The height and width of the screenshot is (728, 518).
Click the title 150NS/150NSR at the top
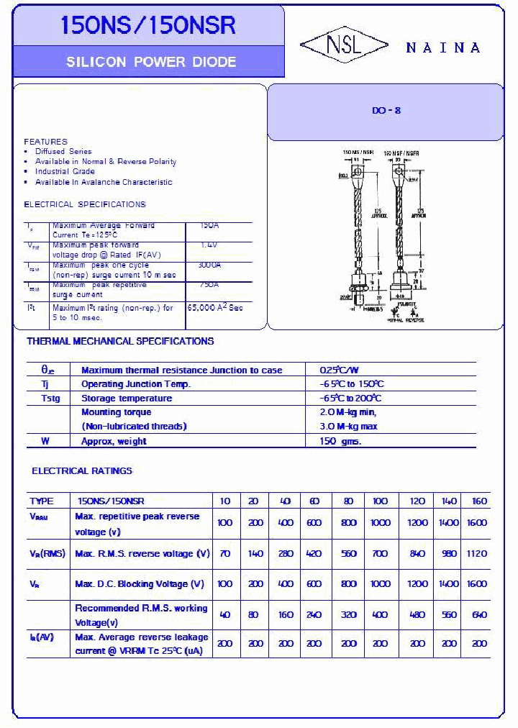tap(148, 26)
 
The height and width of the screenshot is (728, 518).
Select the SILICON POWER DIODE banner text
tap(151, 62)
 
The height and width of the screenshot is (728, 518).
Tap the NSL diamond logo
tap(344, 46)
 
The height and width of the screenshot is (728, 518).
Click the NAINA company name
tap(442, 47)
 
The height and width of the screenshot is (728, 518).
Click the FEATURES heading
tap(45, 142)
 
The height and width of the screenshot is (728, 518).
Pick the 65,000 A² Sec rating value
tap(215, 308)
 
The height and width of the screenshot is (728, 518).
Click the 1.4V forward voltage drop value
tap(209, 245)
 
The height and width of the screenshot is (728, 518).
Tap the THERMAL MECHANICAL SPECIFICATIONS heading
tap(120, 341)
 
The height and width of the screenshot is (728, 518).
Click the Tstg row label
tap(50, 398)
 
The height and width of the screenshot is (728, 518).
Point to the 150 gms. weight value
tap(340, 441)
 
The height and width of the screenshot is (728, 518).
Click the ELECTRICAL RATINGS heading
tap(82, 470)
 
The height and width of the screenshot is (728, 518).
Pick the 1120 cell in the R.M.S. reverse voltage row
tap(476, 553)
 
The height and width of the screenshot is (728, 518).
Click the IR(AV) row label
tap(42, 637)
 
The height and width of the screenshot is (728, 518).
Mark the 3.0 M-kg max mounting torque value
tap(348, 427)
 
